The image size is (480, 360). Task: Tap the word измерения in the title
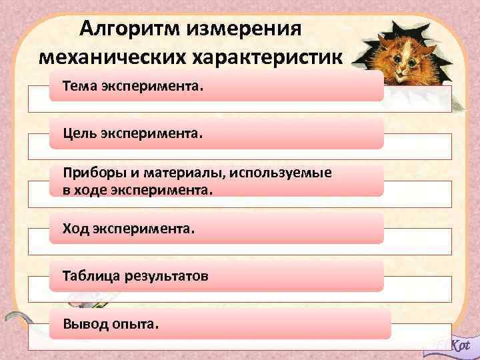tap(245, 29)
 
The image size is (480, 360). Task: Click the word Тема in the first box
tap(79, 87)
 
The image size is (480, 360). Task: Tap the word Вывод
tap(82, 323)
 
